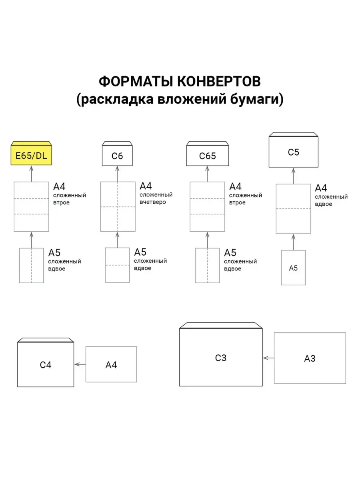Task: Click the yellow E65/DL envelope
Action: click(31, 155)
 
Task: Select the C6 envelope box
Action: click(117, 156)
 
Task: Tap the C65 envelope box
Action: click(207, 156)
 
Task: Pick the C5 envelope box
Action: click(293, 152)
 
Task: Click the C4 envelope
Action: click(46, 365)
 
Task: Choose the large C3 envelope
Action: click(221, 358)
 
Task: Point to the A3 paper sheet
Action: click(310, 358)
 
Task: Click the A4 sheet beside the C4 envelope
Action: click(111, 364)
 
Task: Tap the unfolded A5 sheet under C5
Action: click(293, 268)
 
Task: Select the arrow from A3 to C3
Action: click(268, 358)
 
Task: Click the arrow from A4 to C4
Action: click(80, 364)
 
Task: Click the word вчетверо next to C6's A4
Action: click(153, 202)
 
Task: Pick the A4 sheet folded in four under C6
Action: click(117, 206)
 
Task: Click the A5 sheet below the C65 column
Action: click(207, 265)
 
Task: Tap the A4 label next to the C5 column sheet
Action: click(321, 188)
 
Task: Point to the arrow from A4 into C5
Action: click(293, 176)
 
